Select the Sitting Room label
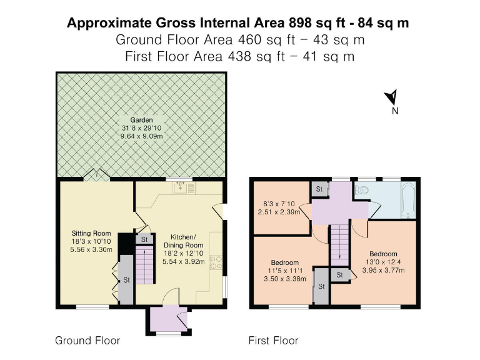(91, 233)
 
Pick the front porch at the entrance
(167, 320)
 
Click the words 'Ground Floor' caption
(87, 341)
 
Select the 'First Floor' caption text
(273, 341)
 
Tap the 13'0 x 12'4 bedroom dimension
(384, 262)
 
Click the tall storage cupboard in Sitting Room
(126, 279)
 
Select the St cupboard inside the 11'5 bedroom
(321, 286)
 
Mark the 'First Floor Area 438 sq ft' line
(239, 56)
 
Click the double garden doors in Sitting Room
(97, 176)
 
